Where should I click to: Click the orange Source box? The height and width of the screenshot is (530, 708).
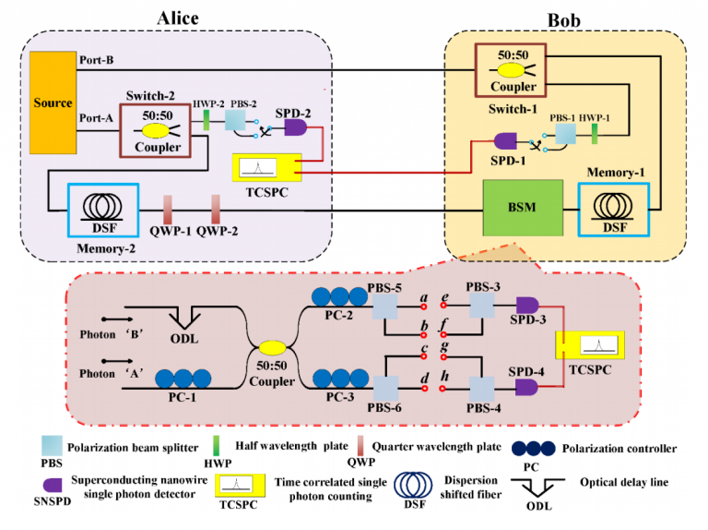pyautogui.click(x=52, y=102)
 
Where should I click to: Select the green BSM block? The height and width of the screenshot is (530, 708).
pyautogui.click(x=521, y=211)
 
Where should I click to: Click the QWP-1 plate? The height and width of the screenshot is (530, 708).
pyautogui.click(x=170, y=208)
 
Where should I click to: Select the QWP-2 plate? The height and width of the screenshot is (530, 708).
pyautogui.click(x=214, y=208)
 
